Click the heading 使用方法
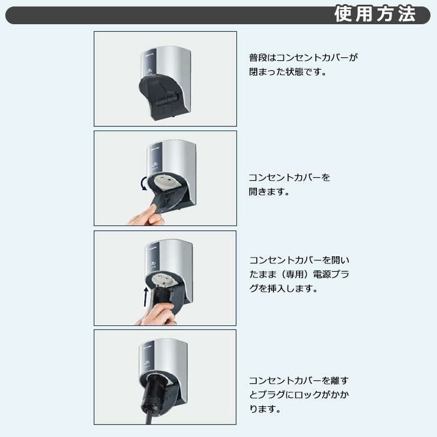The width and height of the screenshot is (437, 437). click(x=375, y=14)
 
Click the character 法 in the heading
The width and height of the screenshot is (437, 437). click(x=407, y=14)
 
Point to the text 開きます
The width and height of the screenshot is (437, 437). click(x=267, y=191)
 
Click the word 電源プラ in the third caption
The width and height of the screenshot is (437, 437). click(x=331, y=274)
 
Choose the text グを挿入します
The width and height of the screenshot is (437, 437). click(x=281, y=288)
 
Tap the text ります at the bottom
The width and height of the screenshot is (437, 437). click(x=263, y=409)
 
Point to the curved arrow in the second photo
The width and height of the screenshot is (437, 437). click(x=144, y=183)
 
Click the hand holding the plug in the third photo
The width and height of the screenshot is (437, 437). click(x=158, y=314)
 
